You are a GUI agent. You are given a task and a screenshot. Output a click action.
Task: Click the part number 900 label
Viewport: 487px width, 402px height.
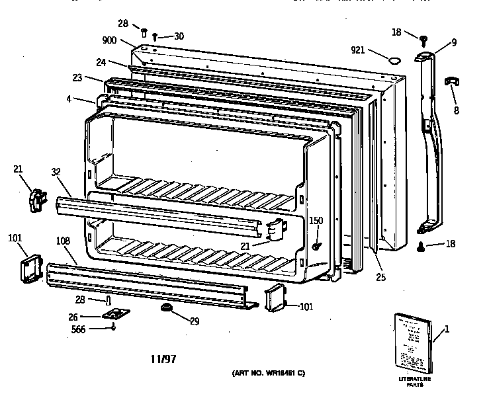tap(109, 40)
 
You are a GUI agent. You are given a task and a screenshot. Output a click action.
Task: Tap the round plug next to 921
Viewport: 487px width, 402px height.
tap(396, 60)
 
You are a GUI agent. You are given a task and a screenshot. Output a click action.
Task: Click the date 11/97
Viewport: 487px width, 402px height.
tap(163, 360)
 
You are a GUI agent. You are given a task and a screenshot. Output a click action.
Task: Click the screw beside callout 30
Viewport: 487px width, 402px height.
tap(155, 37)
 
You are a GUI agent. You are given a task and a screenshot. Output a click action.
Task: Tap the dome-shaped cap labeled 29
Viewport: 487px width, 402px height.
tap(165, 308)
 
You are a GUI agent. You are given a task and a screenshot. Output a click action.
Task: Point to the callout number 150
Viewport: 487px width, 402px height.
tap(316, 220)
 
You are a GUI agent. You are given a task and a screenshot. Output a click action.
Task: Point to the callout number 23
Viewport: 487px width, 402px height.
tap(78, 77)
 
